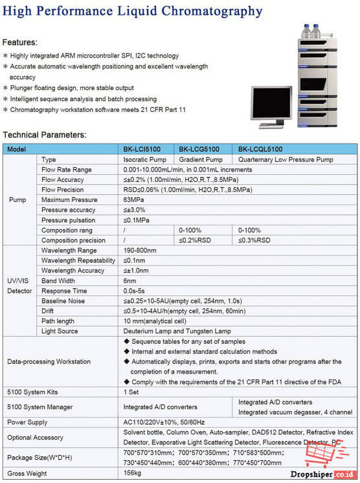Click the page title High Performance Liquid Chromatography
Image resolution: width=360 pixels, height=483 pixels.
tap(133, 11)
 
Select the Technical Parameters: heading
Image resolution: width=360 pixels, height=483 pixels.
tap(44, 135)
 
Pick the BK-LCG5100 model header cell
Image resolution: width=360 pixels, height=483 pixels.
tap(200, 148)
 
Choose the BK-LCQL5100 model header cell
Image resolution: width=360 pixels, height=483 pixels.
tap(260, 148)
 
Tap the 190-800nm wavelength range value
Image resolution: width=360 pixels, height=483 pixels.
tap(140, 249)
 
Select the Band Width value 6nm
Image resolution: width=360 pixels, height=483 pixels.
tap(129, 281)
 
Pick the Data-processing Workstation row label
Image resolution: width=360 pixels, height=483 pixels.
tap(49, 361)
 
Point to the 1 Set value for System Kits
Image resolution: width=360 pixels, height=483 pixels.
tap(131, 392)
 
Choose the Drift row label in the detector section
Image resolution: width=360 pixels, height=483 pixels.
tap(49, 311)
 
